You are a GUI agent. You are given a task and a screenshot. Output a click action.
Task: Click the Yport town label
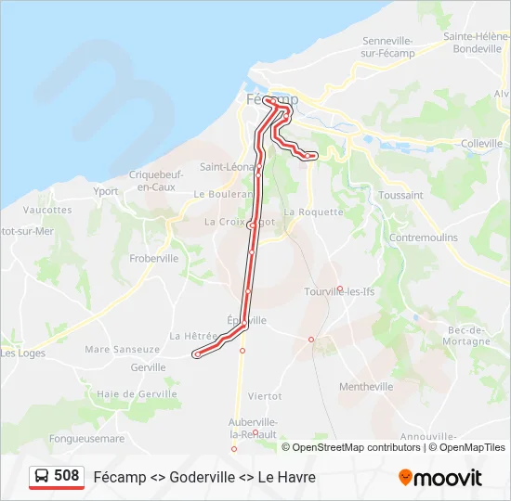106,191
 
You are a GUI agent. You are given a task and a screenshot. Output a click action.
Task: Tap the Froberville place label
154,259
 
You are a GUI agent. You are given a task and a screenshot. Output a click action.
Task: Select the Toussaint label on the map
400,196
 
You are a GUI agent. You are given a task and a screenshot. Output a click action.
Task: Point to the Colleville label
481,144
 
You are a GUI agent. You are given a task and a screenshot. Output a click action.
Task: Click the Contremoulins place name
424,238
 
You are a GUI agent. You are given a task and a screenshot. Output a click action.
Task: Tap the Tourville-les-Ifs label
339,291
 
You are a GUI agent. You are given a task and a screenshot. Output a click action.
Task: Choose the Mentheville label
366,387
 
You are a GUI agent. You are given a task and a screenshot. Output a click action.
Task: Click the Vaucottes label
47,210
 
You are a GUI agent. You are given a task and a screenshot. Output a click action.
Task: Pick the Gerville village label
148,367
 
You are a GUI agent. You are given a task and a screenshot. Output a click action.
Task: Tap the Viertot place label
265,395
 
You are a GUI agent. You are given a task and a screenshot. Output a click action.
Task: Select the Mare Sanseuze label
122,350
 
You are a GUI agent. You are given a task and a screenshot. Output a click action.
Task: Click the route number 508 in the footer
66,476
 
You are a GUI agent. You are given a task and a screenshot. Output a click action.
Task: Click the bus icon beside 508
42,477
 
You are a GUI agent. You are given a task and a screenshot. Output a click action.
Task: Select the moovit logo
440,478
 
